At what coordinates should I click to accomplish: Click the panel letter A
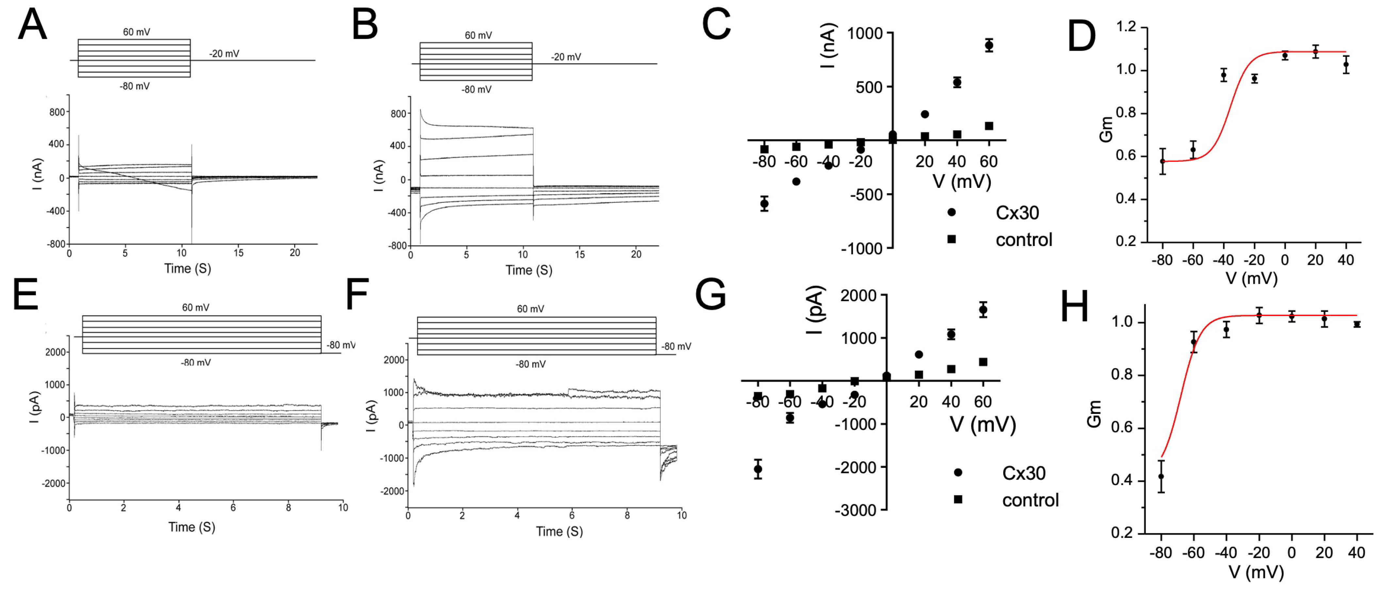pyautogui.click(x=32, y=25)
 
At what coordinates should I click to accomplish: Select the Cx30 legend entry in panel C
pyautogui.click(x=1017, y=213)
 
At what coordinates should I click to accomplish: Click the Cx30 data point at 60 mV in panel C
pyautogui.click(x=989, y=45)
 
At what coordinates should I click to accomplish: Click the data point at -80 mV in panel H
pyautogui.click(x=1161, y=476)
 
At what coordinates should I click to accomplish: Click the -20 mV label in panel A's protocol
pyautogui.click(x=224, y=54)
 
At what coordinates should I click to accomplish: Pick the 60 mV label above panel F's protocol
pyautogui.click(x=530, y=309)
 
